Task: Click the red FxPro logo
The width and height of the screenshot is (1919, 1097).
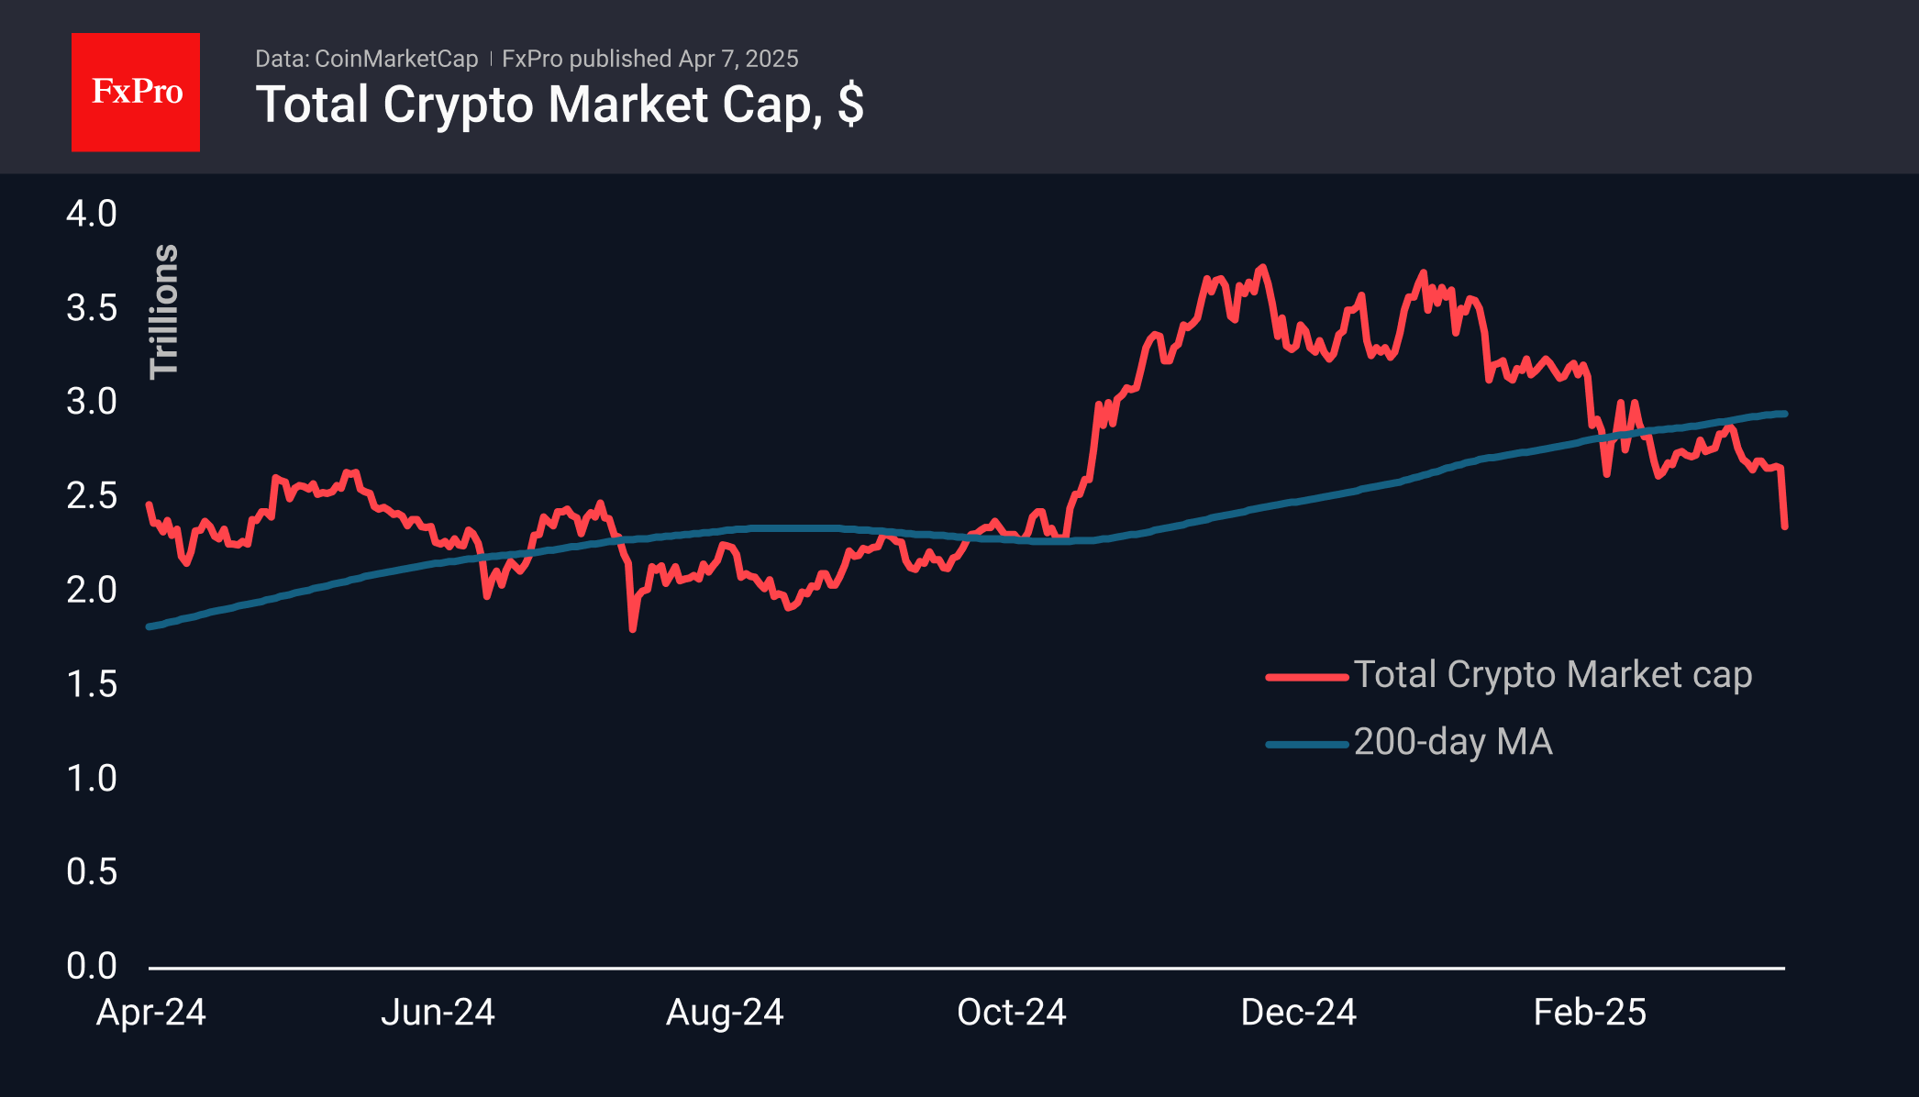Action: click(136, 92)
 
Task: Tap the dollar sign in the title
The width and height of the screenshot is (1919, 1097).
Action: click(850, 104)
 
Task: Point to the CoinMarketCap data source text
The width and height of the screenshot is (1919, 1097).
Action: click(395, 59)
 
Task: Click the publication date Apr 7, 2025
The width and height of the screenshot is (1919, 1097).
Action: click(738, 59)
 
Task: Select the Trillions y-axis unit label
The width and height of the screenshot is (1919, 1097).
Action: click(164, 311)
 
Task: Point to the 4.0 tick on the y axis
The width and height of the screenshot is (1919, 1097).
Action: click(92, 214)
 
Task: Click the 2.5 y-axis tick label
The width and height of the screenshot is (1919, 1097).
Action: click(92, 496)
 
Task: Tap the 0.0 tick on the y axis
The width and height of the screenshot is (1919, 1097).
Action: click(92, 966)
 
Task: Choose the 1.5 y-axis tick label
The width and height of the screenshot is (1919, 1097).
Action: click(92, 684)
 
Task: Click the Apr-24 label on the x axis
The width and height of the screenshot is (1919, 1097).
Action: click(151, 1013)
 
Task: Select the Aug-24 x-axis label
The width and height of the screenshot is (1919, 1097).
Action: click(725, 1013)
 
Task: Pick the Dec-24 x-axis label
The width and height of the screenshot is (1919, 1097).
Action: click(1298, 1013)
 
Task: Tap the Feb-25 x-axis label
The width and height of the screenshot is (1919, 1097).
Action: click(1590, 1013)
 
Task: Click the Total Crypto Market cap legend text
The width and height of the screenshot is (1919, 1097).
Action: click(1552, 675)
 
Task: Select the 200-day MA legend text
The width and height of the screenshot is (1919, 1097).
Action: click(1453, 742)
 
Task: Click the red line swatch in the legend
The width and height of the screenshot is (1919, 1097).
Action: click(1306, 678)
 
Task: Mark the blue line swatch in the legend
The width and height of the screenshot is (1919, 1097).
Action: click(1306, 744)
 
